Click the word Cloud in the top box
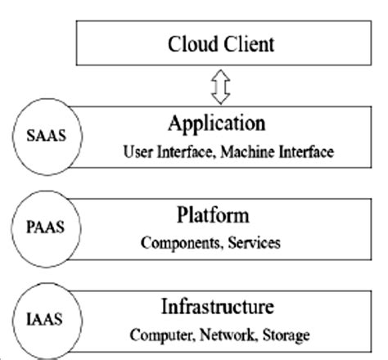pos(193,43)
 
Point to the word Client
pos(250,43)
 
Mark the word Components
pos(174,243)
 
